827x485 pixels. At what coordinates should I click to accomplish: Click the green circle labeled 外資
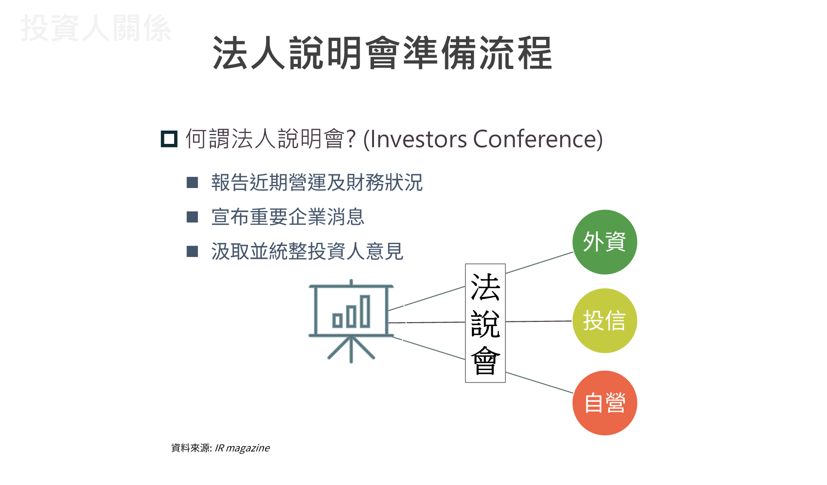[x=605, y=242]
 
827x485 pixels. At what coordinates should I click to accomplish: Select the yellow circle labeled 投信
[x=605, y=320]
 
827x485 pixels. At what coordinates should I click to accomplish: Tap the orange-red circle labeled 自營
[x=605, y=403]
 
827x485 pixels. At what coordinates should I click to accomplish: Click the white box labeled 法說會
[x=485, y=323]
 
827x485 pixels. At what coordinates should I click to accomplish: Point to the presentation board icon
[x=351, y=320]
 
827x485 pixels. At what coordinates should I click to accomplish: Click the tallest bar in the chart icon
[x=365, y=311]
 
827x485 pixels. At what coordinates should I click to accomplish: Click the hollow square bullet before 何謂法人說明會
[x=169, y=139]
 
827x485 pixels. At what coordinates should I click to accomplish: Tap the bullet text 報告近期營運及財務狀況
[x=317, y=183]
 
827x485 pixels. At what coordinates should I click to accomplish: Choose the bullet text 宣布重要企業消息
[x=288, y=217]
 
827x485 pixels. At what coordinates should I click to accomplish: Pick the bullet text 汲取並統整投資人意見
[x=307, y=251]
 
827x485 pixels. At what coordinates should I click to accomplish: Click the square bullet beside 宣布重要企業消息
[x=193, y=217]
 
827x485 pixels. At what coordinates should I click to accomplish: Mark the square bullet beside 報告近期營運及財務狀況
[x=193, y=183]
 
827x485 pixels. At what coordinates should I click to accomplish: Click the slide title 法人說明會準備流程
[x=382, y=54]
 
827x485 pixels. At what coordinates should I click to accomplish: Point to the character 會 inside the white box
[x=485, y=361]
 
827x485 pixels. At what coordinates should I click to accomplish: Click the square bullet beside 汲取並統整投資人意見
[x=193, y=251]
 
